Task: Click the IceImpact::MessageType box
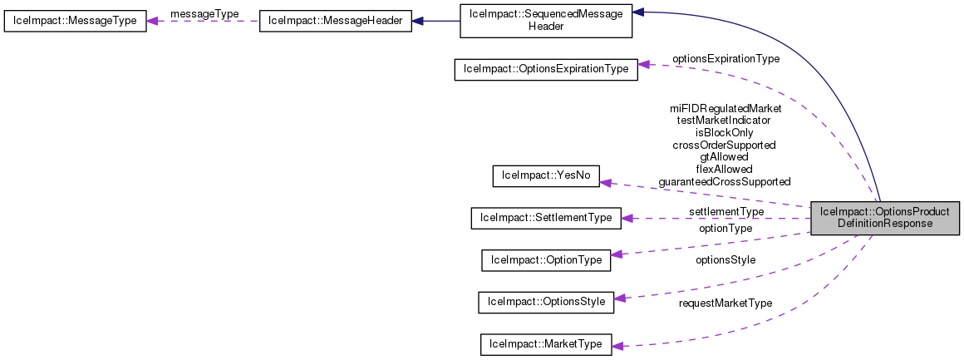click(x=75, y=21)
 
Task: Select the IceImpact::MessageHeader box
click(x=336, y=21)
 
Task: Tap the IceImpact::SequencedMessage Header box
click(x=546, y=20)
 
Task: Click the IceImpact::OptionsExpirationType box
click(x=546, y=69)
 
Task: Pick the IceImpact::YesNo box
click(x=546, y=175)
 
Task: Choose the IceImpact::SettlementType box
click(x=545, y=218)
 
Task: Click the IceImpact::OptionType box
click(x=546, y=260)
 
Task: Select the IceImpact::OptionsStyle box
click(x=546, y=302)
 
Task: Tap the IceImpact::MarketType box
click(x=546, y=344)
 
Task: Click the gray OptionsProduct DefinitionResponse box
click(x=885, y=218)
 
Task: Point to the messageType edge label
click(x=204, y=14)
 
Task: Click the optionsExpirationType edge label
click(x=725, y=59)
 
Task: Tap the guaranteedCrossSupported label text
click(x=725, y=181)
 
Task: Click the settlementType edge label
click(x=725, y=212)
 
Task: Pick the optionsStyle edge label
click(x=725, y=260)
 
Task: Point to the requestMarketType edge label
click(x=725, y=303)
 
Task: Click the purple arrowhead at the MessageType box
click(x=154, y=21)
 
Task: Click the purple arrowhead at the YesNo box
click(x=607, y=182)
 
